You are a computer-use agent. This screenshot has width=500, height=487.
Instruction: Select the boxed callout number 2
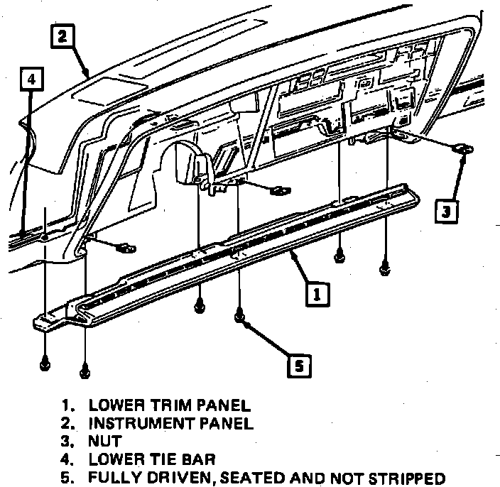[62, 36]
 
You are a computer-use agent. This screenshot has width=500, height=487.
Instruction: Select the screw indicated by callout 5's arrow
[240, 314]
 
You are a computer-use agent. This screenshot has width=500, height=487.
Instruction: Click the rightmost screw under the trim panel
[384, 268]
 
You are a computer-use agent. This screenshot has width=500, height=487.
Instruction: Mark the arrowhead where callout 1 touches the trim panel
[291, 252]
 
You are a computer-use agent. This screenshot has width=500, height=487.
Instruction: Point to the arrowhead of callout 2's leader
[88, 77]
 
